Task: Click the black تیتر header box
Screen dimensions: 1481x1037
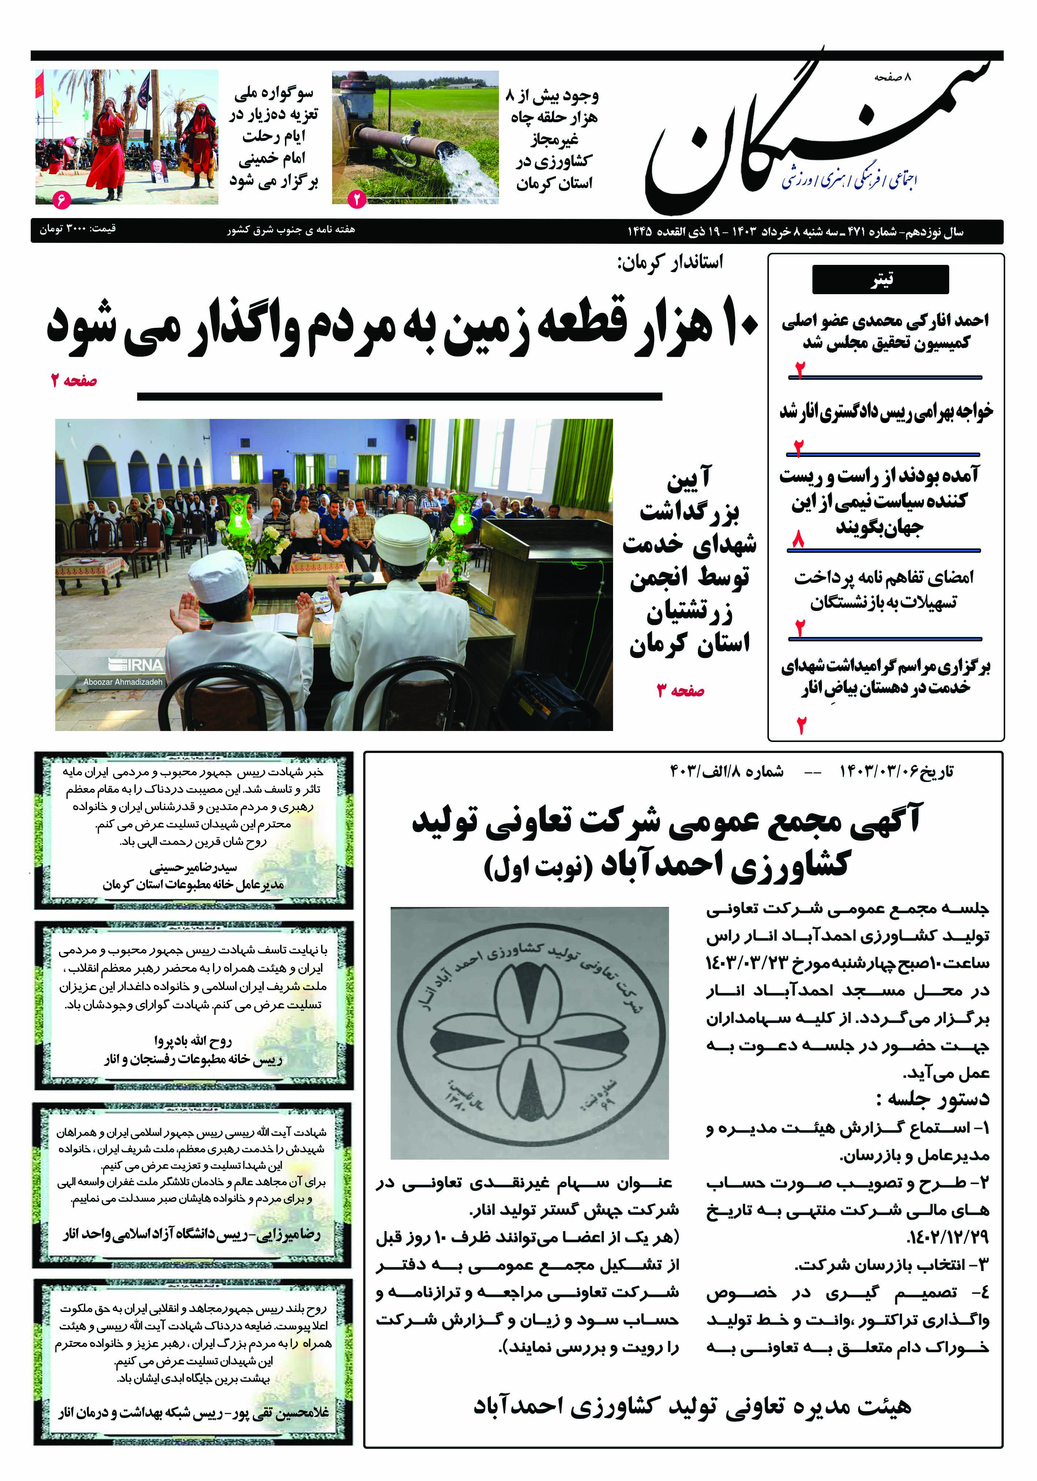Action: [x=880, y=279]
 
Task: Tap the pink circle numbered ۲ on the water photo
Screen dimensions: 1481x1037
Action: [x=357, y=199]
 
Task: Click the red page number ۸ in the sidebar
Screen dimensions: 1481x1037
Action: [x=799, y=539]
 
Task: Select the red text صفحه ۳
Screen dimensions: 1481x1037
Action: [x=680, y=691]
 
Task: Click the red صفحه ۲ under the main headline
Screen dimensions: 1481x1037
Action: [x=74, y=380]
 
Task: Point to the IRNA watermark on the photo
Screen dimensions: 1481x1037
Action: [x=135, y=664]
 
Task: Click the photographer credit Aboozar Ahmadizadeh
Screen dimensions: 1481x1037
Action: [x=123, y=682]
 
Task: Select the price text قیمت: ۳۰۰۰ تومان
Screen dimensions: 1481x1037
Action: [x=78, y=229]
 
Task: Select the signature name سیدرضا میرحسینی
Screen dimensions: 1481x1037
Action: [x=194, y=867]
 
